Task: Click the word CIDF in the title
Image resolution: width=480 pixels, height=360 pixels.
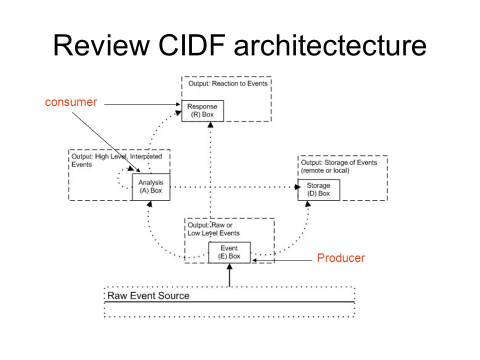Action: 192,45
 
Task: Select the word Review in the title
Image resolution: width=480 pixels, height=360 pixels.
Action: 101,45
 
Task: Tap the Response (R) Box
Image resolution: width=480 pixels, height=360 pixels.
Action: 202,111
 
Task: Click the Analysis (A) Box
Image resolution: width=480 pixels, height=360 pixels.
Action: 151,187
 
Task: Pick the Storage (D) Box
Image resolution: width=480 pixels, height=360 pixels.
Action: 318,190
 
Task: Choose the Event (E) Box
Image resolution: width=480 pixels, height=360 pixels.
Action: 229,252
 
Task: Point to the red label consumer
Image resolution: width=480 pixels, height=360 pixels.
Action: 71,102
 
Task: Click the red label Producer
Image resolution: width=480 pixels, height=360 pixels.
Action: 341,258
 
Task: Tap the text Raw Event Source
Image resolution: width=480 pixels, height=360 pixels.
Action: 148,295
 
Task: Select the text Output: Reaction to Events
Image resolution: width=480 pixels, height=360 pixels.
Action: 228,83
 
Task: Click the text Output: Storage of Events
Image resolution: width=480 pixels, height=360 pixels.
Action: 339,162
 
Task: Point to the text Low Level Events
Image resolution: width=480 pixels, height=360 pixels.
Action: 213,233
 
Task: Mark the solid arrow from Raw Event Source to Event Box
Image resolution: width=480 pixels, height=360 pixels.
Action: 229,275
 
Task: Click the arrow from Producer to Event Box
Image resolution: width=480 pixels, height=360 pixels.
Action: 282,260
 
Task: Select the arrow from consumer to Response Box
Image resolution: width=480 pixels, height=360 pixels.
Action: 142,104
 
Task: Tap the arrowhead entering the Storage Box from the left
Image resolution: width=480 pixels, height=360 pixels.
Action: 297,186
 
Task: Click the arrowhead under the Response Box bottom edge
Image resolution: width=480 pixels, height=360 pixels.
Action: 210,124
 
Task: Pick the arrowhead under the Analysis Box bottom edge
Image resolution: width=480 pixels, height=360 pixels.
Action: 149,204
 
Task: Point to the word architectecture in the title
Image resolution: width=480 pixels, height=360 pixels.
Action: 330,45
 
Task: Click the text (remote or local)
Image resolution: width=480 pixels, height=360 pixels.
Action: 325,170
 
